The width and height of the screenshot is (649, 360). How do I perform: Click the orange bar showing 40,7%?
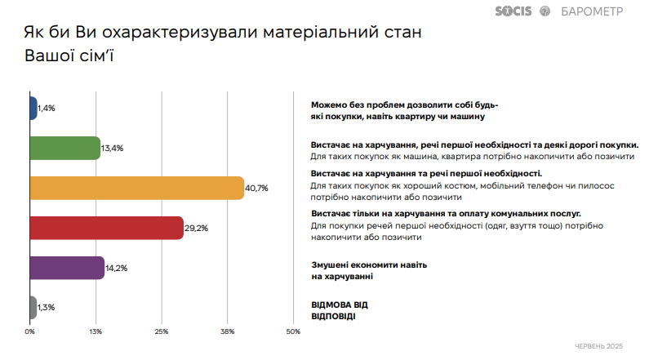coord(137,188)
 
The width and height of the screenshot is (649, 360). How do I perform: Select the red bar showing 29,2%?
coord(106,228)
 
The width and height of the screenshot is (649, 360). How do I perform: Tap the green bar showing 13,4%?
coord(64,148)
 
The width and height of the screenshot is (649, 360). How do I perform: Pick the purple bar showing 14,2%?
coord(67,268)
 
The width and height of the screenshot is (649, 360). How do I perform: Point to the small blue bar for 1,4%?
coord(33,108)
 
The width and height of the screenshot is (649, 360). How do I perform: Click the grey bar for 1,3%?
coord(33,308)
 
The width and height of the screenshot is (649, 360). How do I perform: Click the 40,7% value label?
coord(257,188)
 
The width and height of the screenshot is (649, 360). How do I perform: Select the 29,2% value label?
coord(197,228)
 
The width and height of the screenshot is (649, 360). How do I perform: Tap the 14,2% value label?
coord(118,268)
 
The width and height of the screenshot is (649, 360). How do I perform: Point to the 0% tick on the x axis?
coord(30,331)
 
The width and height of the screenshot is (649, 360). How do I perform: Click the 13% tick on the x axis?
coord(96,331)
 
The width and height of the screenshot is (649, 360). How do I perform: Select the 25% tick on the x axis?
coord(162,331)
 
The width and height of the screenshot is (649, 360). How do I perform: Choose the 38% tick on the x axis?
coord(228,331)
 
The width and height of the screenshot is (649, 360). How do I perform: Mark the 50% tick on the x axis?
coord(293,331)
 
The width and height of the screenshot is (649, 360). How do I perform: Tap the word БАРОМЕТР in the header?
coord(591,11)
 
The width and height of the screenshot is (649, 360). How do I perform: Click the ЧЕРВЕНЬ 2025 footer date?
coord(598,346)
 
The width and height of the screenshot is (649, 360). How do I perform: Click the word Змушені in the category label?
coord(333,266)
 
